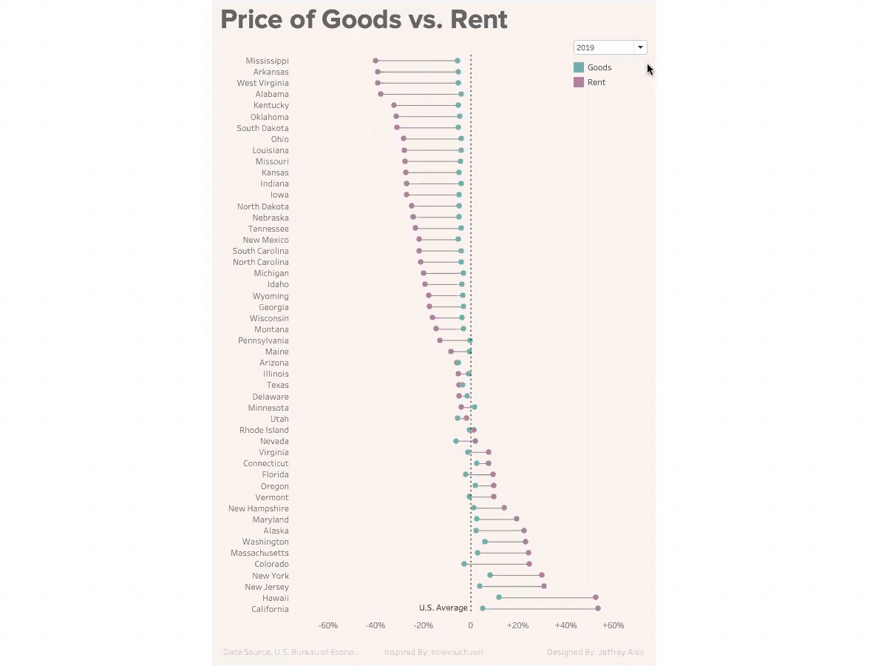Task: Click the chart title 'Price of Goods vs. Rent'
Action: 364,20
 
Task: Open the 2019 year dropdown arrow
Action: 640,47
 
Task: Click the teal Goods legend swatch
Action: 579,67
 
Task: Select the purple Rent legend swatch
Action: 579,82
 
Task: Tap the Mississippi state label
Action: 267,61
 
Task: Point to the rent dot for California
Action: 598,608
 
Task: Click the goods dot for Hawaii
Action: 499,597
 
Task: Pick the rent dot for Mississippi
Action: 375,61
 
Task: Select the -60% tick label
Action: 328,625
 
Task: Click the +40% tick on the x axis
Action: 565,625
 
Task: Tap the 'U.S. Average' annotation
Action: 443,608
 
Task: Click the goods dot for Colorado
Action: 464,564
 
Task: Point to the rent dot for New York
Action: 542,575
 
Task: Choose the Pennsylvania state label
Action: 263,340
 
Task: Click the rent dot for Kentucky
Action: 394,105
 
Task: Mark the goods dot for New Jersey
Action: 480,586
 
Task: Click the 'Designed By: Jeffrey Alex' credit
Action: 595,652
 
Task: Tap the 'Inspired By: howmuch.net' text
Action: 433,652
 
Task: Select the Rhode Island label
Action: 264,430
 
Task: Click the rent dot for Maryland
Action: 517,519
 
